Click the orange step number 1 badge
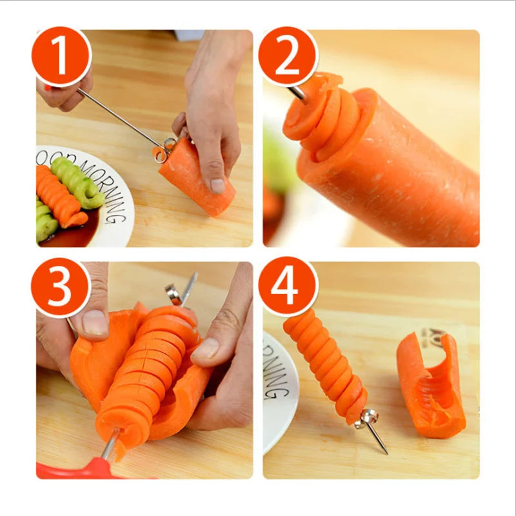[61, 57]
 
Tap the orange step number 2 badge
[288, 57]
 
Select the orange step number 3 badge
[61, 288]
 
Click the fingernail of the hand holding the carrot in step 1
[217, 186]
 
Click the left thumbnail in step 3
[95, 322]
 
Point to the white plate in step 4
[279, 387]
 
